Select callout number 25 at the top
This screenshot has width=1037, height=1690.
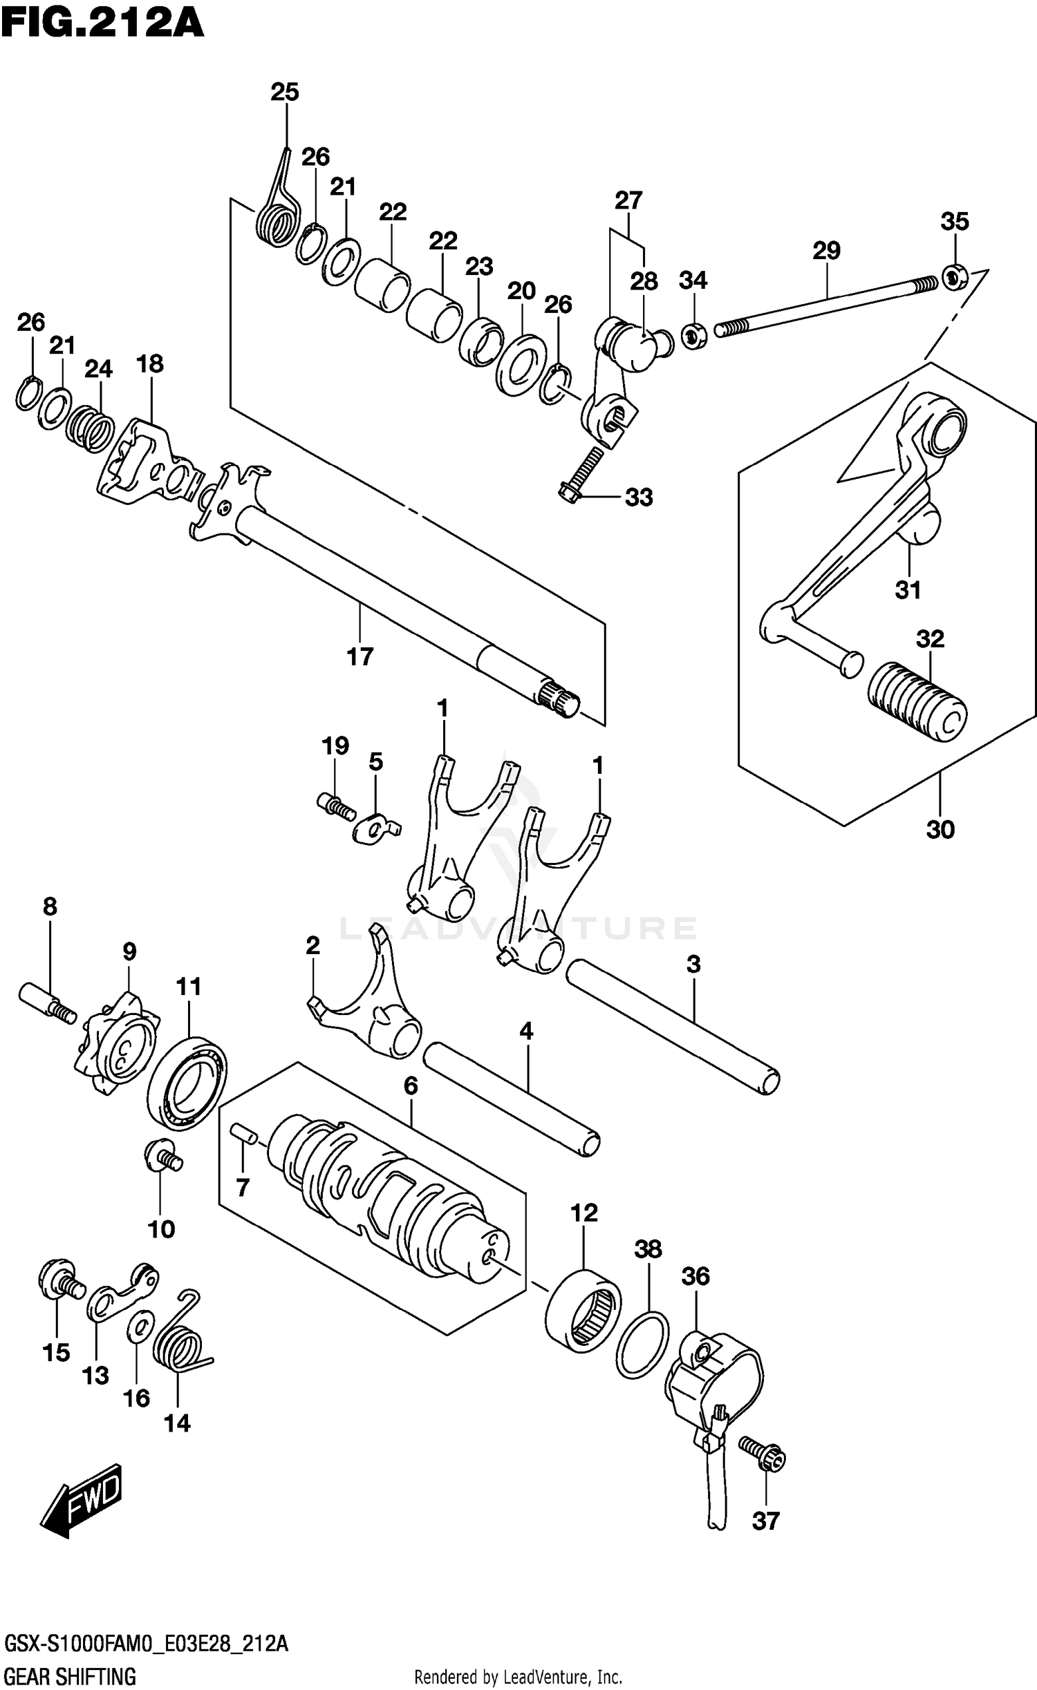[284, 92]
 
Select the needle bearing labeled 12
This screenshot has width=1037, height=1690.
[582, 1309]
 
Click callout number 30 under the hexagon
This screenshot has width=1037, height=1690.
[940, 829]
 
